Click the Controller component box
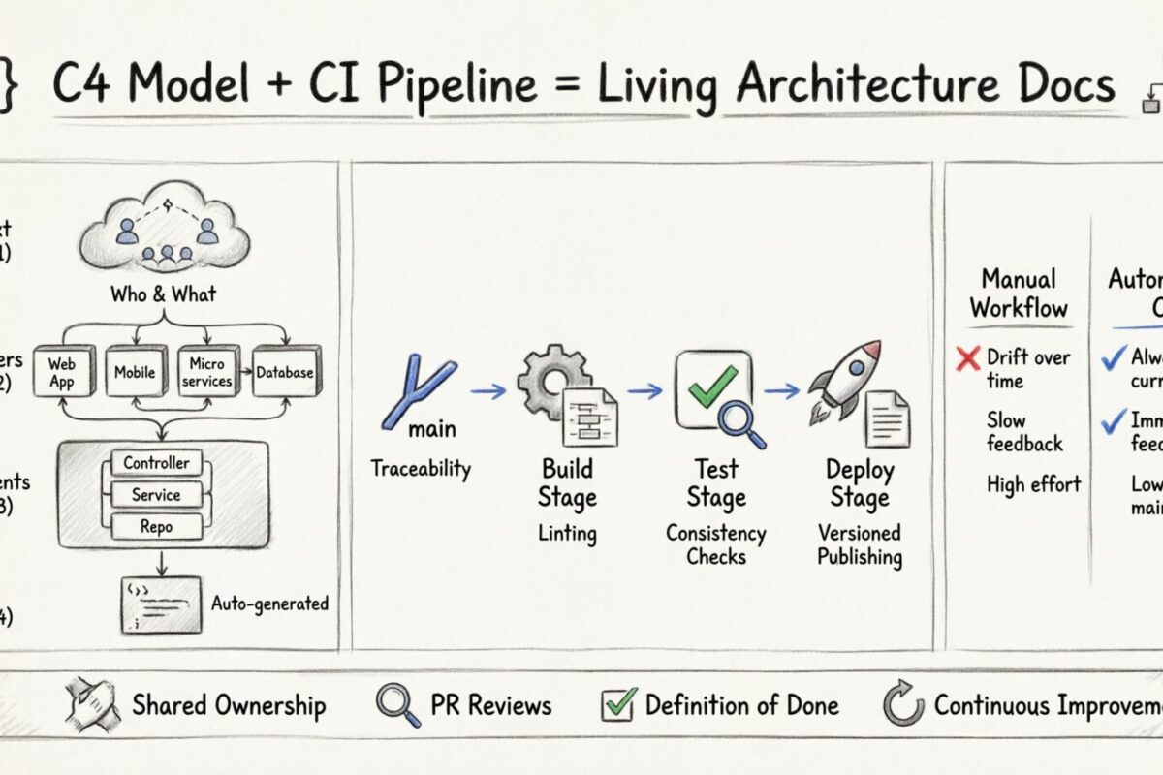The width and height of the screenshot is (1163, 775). pyautogui.click(x=156, y=463)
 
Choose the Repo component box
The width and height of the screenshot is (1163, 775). pyautogui.click(x=156, y=526)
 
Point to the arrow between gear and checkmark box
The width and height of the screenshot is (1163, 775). pyautogui.click(x=644, y=391)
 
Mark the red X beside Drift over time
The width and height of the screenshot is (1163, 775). pyautogui.click(x=967, y=359)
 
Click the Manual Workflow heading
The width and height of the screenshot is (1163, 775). pyautogui.click(x=1019, y=294)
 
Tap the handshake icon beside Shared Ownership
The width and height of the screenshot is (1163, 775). pyautogui.click(x=91, y=705)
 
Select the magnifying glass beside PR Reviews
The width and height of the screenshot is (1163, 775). pyautogui.click(x=397, y=705)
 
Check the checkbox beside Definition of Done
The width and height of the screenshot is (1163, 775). pyautogui.click(x=618, y=704)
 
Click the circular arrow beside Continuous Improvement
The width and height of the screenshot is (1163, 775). pyautogui.click(x=903, y=705)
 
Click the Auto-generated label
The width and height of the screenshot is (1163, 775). pyautogui.click(x=269, y=604)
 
